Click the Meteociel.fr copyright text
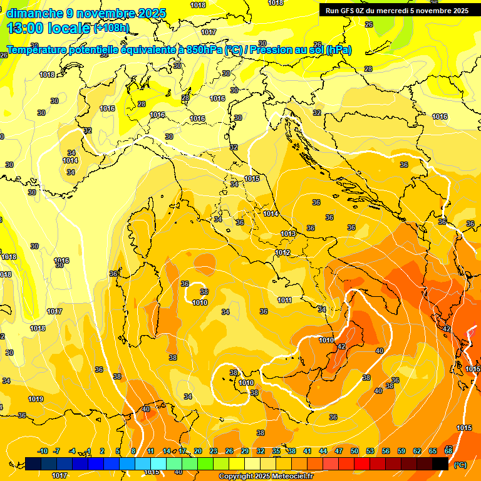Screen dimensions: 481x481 click(266, 477)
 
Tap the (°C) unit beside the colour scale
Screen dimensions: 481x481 click(460, 464)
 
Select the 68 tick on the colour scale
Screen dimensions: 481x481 click(448, 451)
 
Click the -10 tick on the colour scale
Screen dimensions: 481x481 click(43, 451)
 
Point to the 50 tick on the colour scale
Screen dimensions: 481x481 click(354, 451)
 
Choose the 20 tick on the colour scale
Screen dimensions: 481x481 click(198, 451)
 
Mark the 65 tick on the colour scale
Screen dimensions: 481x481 click(433, 451)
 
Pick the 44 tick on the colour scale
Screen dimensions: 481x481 click(323, 451)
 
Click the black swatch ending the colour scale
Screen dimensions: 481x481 click(440, 463)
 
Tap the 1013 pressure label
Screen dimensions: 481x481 click(288, 234)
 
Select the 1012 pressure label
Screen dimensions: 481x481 click(282, 252)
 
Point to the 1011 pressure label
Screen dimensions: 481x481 click(284, 300)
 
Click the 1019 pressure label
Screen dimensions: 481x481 click(36, 399)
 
